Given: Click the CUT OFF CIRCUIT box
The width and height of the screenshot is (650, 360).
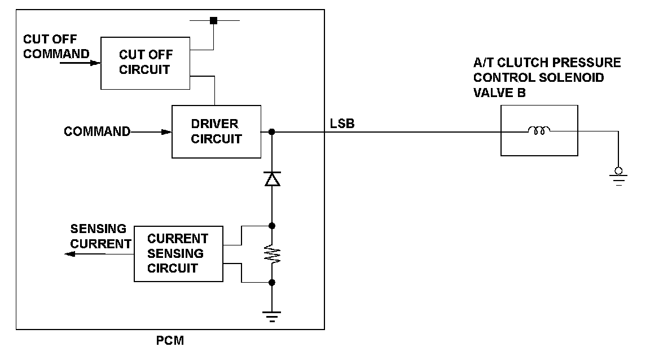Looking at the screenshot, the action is [145, 63].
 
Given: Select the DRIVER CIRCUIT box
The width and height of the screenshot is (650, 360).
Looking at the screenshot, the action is [217, 131].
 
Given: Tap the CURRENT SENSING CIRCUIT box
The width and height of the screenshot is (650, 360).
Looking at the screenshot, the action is [178, 254].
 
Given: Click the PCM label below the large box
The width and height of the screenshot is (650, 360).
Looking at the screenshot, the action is [170, 340].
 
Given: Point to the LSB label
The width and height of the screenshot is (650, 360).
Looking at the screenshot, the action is [342, 124].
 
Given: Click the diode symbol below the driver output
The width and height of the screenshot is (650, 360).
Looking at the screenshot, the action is [273, 179].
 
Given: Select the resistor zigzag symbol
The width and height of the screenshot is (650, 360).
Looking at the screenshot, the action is [273, 254].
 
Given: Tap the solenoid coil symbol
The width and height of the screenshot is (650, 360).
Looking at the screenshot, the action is [539, 131].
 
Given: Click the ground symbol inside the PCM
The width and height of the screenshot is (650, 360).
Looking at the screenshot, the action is [272, 317].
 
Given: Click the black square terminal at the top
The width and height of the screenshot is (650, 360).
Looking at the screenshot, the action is [213, 20].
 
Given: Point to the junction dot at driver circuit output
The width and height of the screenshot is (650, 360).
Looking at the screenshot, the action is [271, 132].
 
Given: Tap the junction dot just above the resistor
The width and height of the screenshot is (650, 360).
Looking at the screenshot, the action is [272, 226].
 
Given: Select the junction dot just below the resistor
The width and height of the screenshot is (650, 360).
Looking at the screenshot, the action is [272, 283].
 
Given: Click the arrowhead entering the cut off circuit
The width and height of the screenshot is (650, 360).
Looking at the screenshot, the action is [96, 63].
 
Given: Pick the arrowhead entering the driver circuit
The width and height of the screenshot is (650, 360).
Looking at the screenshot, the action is [166, 132].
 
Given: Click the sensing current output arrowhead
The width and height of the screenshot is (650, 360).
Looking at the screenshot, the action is [69, 254].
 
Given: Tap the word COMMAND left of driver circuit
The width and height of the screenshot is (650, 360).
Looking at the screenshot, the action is [97, 131].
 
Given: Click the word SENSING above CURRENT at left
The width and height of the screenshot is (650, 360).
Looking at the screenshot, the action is [98, 229].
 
